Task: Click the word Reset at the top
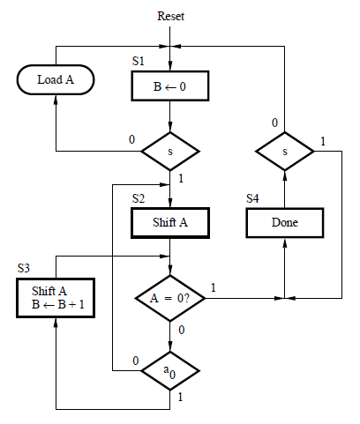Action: (x=170, y=16)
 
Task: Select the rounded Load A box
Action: (x=56, y=80)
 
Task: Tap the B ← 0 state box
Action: (x=170, y=86)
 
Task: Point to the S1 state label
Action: (x=139, y=62)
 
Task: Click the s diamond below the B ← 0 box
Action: (x=170, y=152)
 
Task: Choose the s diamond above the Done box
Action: (x=285, y=152)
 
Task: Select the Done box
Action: (x=285, y=223)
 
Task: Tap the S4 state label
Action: (x=253, y=198)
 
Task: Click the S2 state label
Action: (x=139, y=199)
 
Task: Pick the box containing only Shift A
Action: (x=170, y=223)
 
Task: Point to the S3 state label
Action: (x=26, y=267)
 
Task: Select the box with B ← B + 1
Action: (x=56, y=298)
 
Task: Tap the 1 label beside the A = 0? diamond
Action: (x=214, y=287)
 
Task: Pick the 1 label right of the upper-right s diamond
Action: (x=323, y=142)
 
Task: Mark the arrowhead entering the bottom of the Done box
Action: (x=285, y=241)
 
